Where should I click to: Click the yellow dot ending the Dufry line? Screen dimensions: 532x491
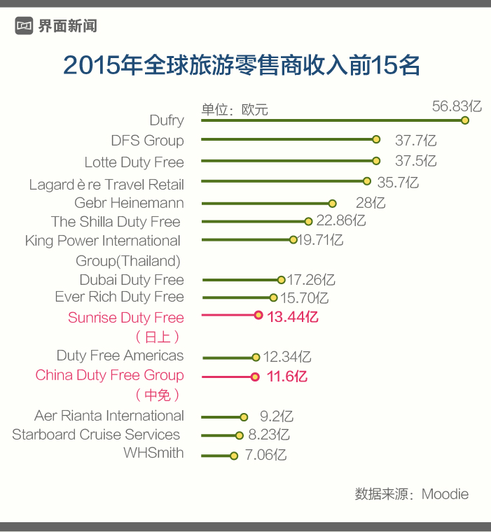(464, 120)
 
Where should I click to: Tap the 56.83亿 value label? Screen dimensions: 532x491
(457, 106)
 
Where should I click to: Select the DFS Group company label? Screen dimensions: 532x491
(147, 141)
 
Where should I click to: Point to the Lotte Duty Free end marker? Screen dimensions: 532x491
(376, 160)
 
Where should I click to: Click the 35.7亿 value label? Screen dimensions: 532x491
(398, 183)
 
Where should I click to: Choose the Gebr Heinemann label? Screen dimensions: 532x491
(129, 203)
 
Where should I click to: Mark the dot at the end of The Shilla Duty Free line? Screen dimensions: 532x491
(308, 221)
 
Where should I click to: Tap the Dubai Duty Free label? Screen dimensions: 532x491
(132, 280)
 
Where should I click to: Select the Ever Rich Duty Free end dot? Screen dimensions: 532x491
(274, 297)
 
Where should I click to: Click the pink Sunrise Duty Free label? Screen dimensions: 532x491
(126, 318)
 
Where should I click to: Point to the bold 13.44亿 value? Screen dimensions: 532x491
(293, 317)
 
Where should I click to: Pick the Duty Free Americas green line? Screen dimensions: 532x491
(228, 357)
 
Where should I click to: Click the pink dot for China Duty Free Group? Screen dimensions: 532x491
(255, 377)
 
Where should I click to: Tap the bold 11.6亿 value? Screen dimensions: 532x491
(286, 377)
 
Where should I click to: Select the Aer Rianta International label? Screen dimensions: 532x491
(109, 416)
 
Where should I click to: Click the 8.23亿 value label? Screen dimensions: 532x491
(269, 435)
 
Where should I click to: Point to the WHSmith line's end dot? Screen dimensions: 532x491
(234, 456)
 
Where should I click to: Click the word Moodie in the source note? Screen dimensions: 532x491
(445, 494)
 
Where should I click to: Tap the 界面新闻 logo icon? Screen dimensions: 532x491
(25, 27)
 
